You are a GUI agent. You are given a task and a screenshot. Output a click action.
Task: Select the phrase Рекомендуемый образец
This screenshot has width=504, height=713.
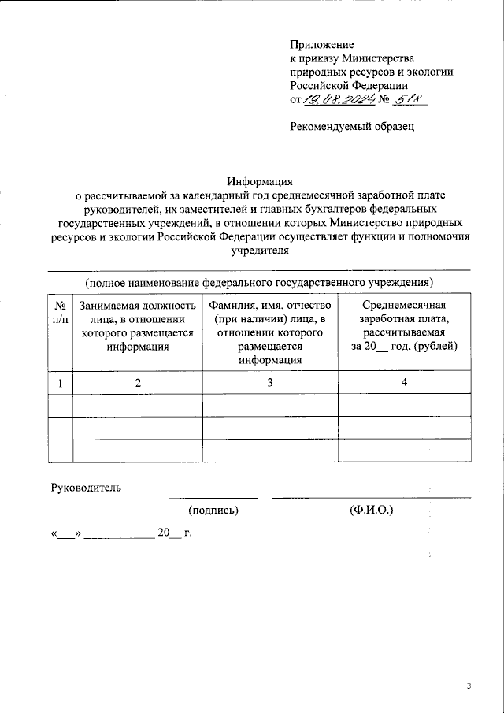click(351, 125)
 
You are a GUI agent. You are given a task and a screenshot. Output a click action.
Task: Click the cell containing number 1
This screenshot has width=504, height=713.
click(60, 383)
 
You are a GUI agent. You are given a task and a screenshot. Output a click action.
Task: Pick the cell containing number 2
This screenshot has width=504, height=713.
click(137, 383)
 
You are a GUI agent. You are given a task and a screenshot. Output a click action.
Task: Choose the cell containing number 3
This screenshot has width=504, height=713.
click(270, 383)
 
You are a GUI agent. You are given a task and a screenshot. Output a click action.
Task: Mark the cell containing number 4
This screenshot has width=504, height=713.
click(404, 383)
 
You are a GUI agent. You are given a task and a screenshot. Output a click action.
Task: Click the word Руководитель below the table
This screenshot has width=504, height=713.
click(86, 487)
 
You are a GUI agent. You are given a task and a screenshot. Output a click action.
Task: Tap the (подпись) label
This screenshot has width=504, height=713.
click(213, 511)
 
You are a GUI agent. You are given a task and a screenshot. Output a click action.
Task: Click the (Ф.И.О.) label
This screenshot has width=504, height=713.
click(372, 511)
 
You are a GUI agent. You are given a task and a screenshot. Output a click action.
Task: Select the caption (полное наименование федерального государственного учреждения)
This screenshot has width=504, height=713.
click(260, 282)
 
